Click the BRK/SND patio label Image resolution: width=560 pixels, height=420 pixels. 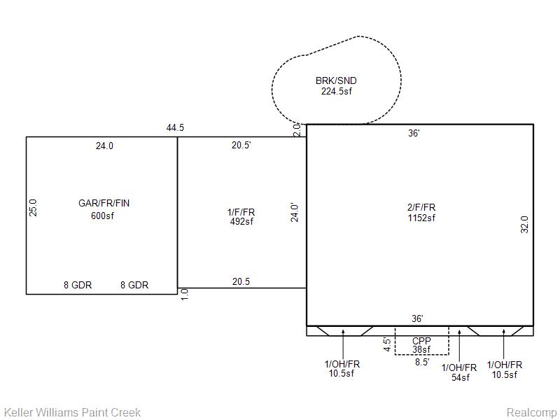click(x=336, y=80)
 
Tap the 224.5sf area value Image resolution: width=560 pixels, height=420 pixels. click(x=337, y=92)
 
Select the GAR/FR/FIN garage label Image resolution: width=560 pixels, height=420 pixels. click(x=104, y=203)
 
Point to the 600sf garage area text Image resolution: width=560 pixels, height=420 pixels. click(x=102, y=216)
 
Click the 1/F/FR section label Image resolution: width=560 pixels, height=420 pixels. click(x=241, y=212)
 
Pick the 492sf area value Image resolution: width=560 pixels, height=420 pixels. click(x=241, y=221)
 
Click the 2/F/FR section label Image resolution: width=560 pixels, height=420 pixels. click(x=421, y=207)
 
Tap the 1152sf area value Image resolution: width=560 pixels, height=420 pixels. click(x=421, y=218)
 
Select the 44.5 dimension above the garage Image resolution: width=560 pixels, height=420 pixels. click(x=175, y=127)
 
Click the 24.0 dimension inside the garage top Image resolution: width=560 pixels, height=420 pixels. click(x=104, y=146)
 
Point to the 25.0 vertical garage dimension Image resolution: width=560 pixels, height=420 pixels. click(x=33, y=207)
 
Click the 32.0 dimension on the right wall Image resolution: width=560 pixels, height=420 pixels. click(x=524, y=224)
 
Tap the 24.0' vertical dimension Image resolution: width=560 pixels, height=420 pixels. click(x=294, y=213)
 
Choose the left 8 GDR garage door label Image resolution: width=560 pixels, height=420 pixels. click(x=78, y=285)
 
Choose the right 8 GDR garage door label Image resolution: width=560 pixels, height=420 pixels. click(x=134, y=285)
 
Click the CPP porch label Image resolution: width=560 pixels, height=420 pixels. click(x=421, y=341)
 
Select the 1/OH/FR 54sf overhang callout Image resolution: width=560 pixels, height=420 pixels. click(x=459, y=372)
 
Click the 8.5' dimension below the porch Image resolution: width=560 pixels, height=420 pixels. click(x=422, y=362)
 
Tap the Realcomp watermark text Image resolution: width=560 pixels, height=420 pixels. click(x=532, y=412)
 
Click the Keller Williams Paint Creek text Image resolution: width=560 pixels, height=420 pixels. click(x=73, y=412)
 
